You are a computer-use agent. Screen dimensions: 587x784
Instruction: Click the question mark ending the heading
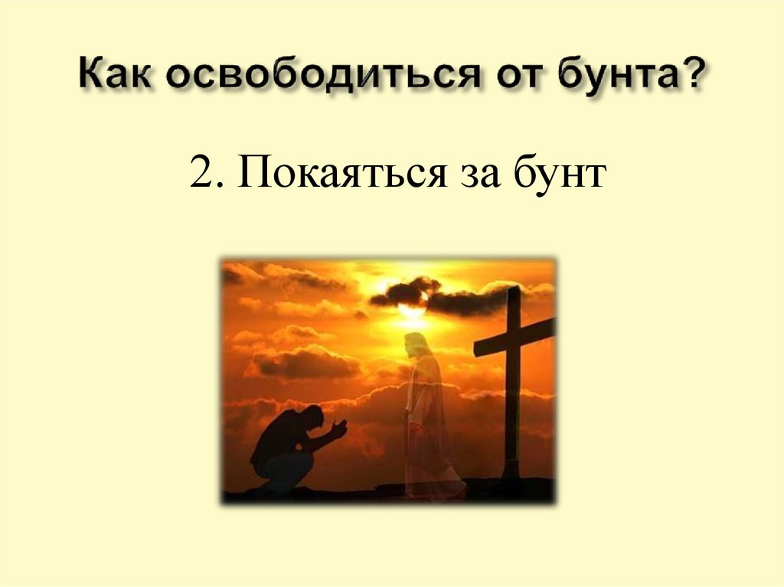[x=693, y=78]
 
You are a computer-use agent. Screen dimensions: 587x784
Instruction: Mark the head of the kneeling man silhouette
[x=312, y=418]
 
